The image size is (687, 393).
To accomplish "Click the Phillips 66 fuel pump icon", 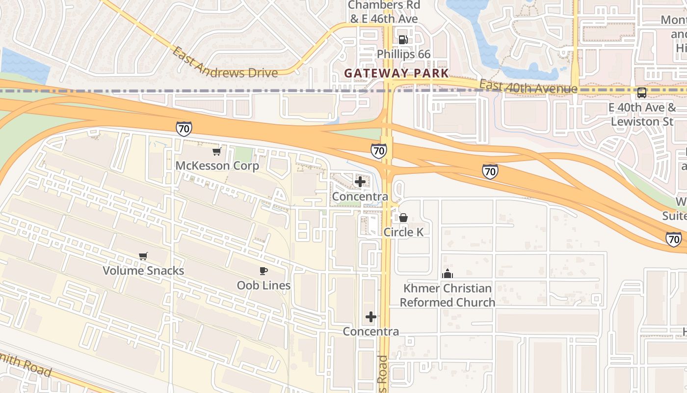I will pyautogui.click(x=403, y=40).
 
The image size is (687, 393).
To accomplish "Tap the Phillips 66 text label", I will pyautogui.click(x=403, y=54).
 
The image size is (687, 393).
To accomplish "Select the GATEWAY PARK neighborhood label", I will pyautogui.click(x=396, y=73).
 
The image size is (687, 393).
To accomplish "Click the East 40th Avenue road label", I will pyautogui.click(x=528, y=86).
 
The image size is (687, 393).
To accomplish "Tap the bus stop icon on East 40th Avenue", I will pyautogui.click(x=641, y=92).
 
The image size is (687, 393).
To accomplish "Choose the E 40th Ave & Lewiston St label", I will pyautogui.click(x=642, y=114).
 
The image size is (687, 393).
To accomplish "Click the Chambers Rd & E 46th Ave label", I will pyautogui.click(x=384, y=12).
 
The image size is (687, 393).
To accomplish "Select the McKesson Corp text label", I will pyautogui.click(x=217, y=166).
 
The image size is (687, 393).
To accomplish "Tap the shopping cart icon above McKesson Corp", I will pyautogui.click(x=216, y=151).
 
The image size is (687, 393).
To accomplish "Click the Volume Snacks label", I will pyautogui.click(x=143, y=270).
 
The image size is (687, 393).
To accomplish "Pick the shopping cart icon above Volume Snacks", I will pyautogui.click(x=143, y=256).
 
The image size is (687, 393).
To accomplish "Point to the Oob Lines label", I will pyautogui.click(x=264, y=285).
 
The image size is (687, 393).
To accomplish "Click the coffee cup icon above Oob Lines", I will pyautogui.click(x=264, y=271).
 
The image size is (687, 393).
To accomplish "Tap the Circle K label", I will pyautogui.click(x=403, y=232).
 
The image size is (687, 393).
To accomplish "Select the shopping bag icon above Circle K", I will pyautogui.click(x=403, y=217).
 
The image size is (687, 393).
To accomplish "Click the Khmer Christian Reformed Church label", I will pyautogui.click(x=447, y=295).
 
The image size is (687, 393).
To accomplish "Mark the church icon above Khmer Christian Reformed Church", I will pyautogui.click(x=447, y=274).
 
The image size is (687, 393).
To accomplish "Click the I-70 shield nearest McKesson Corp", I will pyautogui.click(x=184, y=129).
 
